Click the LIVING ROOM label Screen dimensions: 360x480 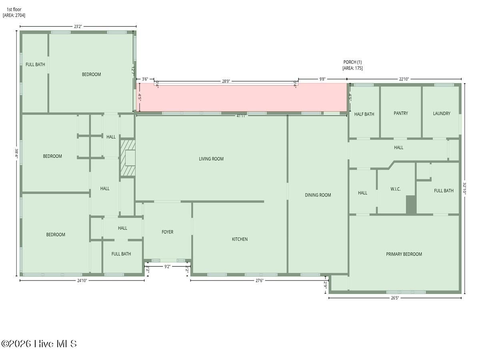[x=211, y=159]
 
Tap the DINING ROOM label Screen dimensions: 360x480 [x=318, y=195]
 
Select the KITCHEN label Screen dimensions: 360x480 [x=240, y=239]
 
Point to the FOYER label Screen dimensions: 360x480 [x=167, y=232]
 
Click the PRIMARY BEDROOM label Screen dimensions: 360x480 [x=404, y=254]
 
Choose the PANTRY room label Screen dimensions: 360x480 [x=400, y=114]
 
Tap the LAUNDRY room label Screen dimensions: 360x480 [x=441, y=114]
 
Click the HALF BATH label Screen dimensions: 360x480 [x=364, y=114]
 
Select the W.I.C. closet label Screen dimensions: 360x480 [x=395, y=189]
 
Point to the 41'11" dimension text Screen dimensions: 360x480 [x=241, y=116]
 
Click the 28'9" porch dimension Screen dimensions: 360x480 [x=226, y=81]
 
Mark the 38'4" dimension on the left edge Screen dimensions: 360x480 [x=16, y=153]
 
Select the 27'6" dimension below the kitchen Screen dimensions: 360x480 [x=259, y=281]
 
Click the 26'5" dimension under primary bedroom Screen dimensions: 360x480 [x=394, y=298]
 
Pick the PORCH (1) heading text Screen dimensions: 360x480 [x=352, y=62]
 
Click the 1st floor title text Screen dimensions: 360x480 [x=14, y=9]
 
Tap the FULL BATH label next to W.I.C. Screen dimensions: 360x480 [x=444, y=191]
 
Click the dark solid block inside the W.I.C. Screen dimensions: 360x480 [x=411, y=205]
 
